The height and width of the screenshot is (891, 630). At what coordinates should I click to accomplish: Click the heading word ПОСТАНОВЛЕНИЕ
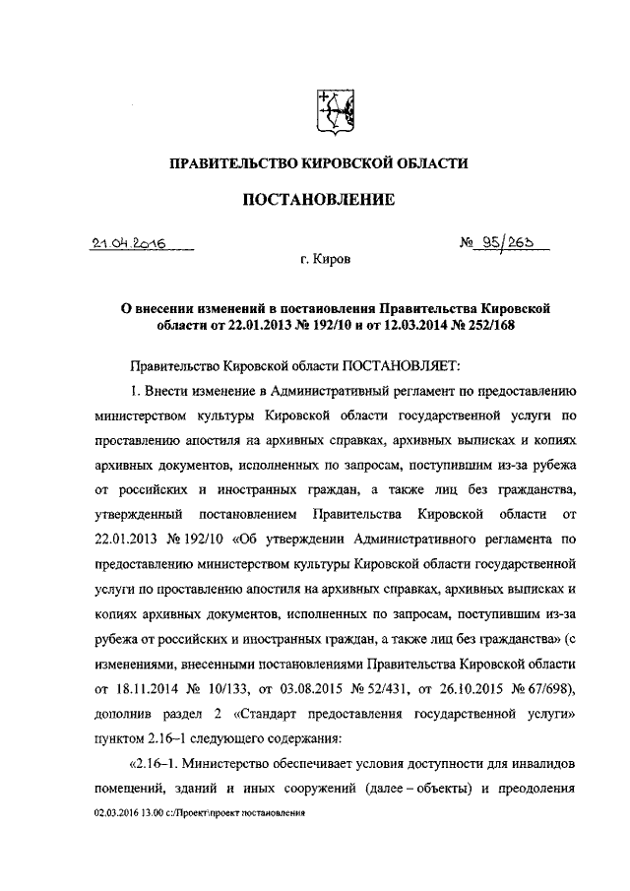click(x=318, y=200)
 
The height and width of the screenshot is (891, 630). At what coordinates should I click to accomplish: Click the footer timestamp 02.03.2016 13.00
click(x=129, y=815)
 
